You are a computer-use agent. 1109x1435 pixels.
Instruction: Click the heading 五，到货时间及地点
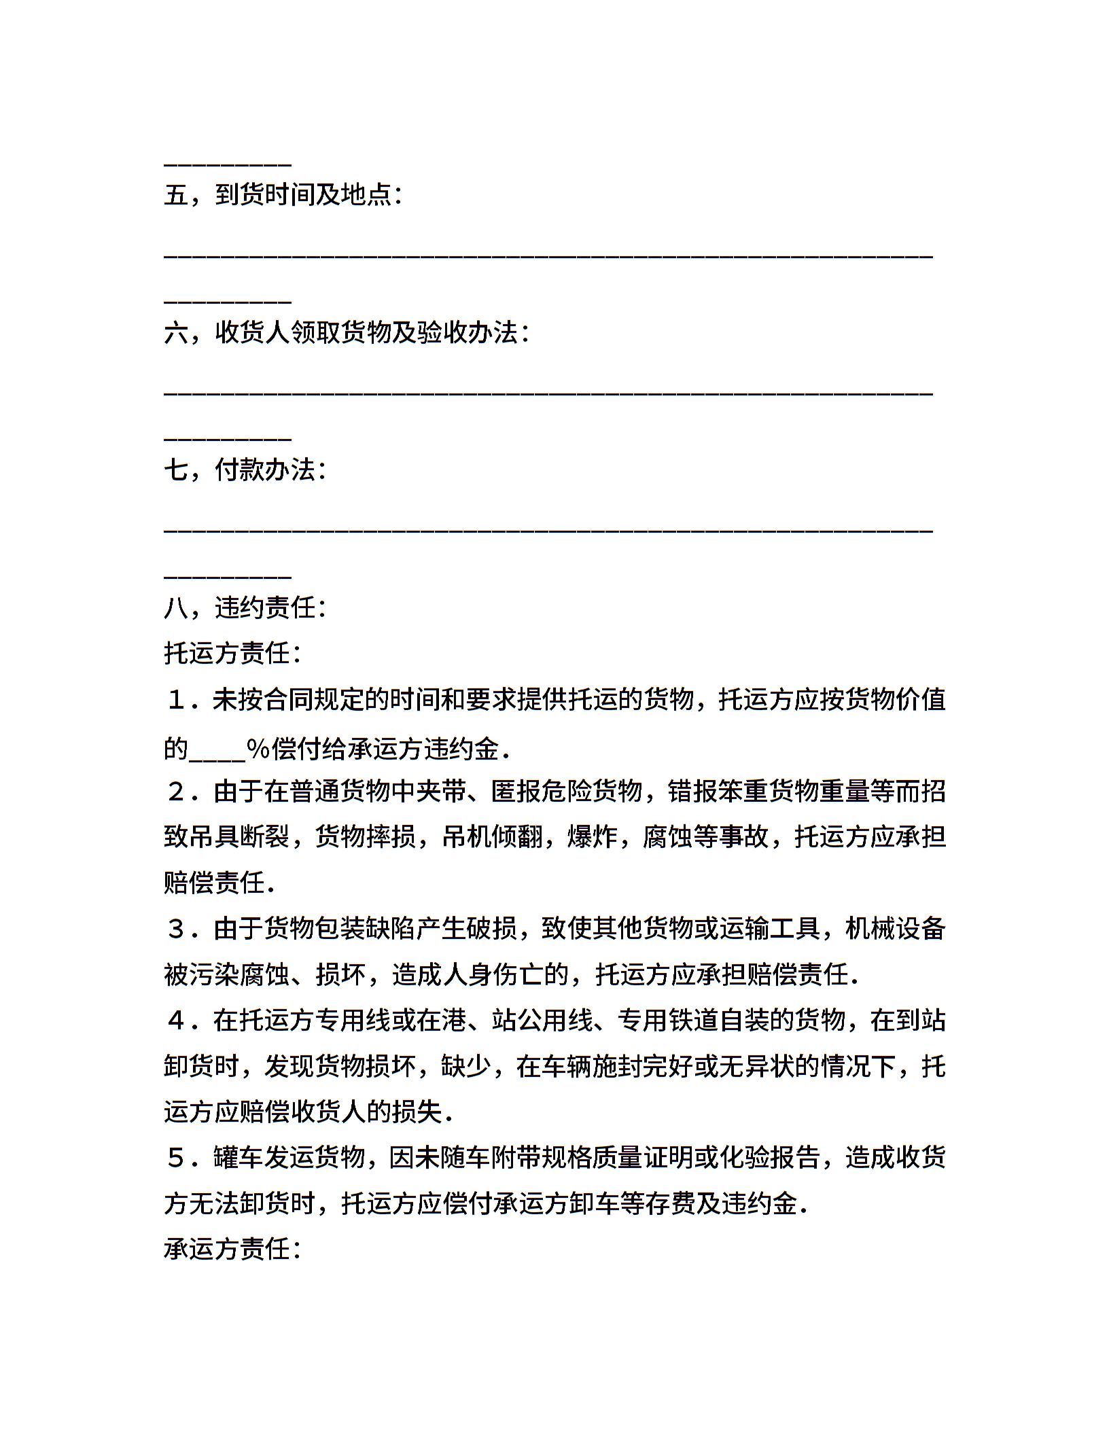(283, 195)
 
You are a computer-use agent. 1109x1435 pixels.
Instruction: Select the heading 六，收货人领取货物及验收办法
(345, 332)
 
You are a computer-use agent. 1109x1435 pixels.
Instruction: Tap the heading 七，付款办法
(245, 470)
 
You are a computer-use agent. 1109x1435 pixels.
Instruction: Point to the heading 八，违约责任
(245, 607)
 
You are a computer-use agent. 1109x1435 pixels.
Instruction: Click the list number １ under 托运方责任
(177, 699)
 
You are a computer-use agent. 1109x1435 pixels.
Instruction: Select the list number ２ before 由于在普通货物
(177, 791)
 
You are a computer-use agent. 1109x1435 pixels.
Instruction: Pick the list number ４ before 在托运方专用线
(177, 1020)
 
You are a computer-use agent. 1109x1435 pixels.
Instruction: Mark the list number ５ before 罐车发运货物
(177, 1157)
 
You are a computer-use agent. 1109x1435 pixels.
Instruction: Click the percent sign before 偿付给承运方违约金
(258, 748)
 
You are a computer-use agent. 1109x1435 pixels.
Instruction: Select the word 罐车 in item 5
(238, 1157)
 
